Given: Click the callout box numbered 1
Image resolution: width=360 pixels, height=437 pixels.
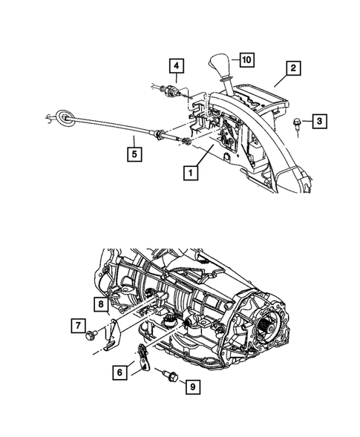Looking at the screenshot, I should coord(191,173).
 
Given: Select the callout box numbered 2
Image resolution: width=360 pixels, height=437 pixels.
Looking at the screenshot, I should coord(294,69).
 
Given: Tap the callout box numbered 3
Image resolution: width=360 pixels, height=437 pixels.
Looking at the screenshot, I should coord(318,119).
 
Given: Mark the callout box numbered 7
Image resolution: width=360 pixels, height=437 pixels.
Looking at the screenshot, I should coord(77,325).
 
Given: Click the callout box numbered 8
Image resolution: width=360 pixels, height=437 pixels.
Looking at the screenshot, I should coord(99,303).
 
